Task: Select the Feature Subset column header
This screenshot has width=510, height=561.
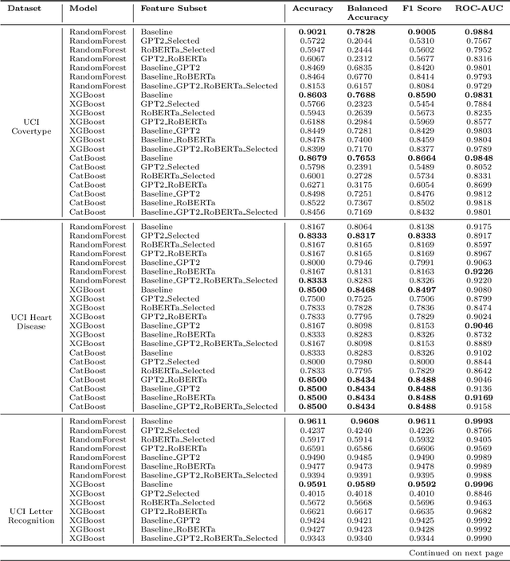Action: coord(174,9)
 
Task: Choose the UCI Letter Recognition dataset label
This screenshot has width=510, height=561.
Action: coord(31,515)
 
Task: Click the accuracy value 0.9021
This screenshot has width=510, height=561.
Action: coord(312,32)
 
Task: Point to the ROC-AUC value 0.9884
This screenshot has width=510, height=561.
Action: coord(478,32)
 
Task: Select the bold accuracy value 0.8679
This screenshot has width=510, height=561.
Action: coord(312,158)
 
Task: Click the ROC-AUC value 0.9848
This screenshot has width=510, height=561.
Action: coord(478,158)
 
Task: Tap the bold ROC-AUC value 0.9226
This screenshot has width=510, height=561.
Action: coord(478,271)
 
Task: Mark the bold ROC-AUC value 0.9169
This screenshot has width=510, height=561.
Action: coord(478,397)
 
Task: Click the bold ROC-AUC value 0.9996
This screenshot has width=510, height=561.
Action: coord(478,484)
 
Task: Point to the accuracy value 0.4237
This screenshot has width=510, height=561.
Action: coord(312,430)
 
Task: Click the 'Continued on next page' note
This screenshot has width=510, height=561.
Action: coord(456,552)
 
